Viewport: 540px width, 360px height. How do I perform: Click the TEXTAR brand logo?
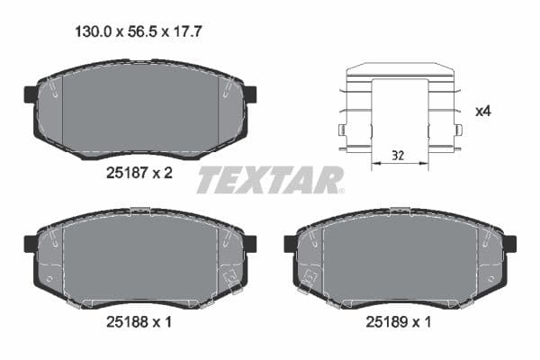pyautogui.click(x=270, y=180)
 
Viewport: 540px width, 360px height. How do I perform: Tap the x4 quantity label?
pyautogui.click(x=482, y=112)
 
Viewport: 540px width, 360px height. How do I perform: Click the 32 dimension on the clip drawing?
pyautogui.click(x=398, y=156)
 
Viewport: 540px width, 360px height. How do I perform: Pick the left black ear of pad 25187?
pyautogui.click(x=29, y=94)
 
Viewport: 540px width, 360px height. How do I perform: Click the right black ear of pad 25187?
pyautogui.click(x=250, y=94)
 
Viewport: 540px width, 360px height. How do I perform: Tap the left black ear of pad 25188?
pyautogui.click(x=29, y=243)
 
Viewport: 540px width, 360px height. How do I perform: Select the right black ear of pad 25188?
pyautogui.click(x=250, y=243)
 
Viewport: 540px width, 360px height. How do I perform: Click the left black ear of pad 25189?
pyautogui.click(x=290, y=243)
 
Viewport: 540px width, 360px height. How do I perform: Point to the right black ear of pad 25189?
pyautogui.click(x=510, y=243)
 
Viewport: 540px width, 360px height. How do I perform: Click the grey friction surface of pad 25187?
pyautogui.click(x=139, y=108)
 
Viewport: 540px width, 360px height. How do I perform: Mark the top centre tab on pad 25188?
pyautogui.click(x=139, y=211)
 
